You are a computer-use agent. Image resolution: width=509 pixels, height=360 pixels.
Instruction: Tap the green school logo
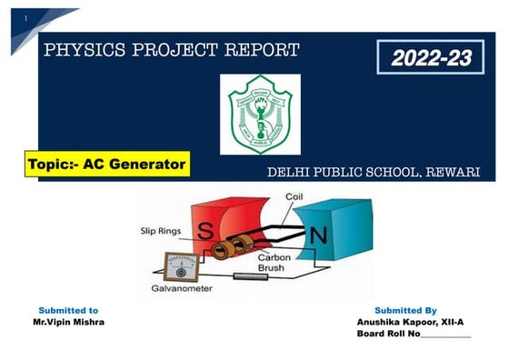(x=260, y=115)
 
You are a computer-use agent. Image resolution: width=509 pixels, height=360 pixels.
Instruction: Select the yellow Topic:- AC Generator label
(x=105, y=165)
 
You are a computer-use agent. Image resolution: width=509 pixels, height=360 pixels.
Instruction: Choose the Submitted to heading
(x=68, y=311)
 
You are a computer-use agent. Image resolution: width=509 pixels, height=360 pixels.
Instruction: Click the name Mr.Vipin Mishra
(x=68, y=323)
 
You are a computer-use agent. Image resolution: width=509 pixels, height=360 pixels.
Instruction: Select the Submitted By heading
(x=405, y=311)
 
